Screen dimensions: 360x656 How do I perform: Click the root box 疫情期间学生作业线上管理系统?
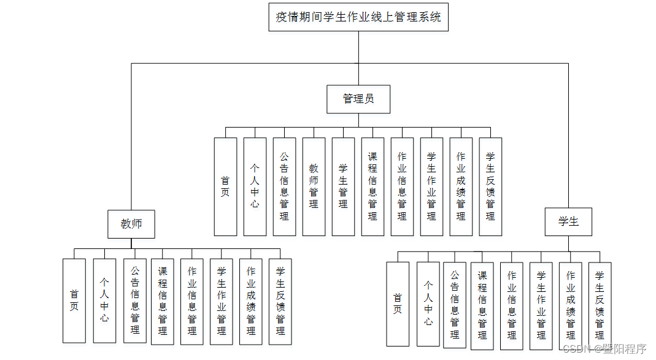[x=358, y=17]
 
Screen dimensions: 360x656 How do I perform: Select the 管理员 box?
[x=358, y=99]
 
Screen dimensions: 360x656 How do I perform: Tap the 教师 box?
[x=131, y=224]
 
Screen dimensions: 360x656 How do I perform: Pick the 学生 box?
[x=568, y=222]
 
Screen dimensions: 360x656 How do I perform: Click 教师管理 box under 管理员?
[x=314, y=186]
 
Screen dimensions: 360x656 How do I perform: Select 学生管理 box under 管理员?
[x=343, y=186]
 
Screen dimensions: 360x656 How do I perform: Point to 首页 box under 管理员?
[x=225, y=186]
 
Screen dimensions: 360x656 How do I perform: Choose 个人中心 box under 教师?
[x=104, y=301]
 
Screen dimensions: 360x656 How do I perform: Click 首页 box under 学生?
[x=398, y=304]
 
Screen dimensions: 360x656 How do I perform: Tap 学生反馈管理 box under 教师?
[x=280, y=301]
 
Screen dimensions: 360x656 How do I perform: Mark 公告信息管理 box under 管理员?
[x=284, y=186]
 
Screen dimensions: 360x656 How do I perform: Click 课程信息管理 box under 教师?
[x=163, y=301]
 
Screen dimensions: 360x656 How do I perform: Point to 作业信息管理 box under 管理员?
[x=402, y=186]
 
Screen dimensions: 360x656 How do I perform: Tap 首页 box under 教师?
[x=74, y=301]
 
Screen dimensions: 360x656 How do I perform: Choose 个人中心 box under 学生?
[x=428, y=304]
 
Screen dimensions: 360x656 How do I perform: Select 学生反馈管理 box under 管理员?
[x=490, y=186]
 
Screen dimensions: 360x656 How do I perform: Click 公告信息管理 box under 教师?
[x=135, y=301]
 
